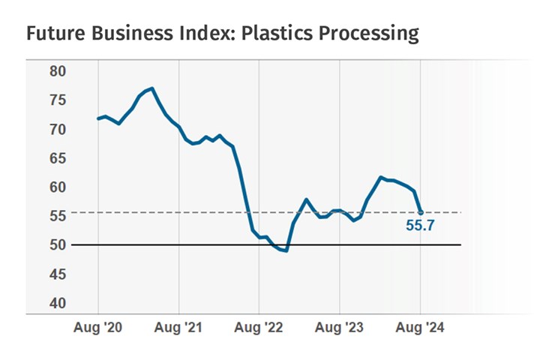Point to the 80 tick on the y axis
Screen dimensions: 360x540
point(58,71)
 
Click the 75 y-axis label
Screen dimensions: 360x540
point(58,100)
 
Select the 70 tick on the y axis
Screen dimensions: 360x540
point(58,129)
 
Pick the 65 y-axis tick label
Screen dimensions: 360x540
point(58,158)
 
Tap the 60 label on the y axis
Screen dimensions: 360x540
point(58,187)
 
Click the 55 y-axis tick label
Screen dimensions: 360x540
point(58,216)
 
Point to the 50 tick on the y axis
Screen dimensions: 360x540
point(58,245)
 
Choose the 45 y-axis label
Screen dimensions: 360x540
point(58,274)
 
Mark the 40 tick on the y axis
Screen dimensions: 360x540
point(58,303)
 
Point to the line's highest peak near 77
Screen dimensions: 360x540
point(152,88)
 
